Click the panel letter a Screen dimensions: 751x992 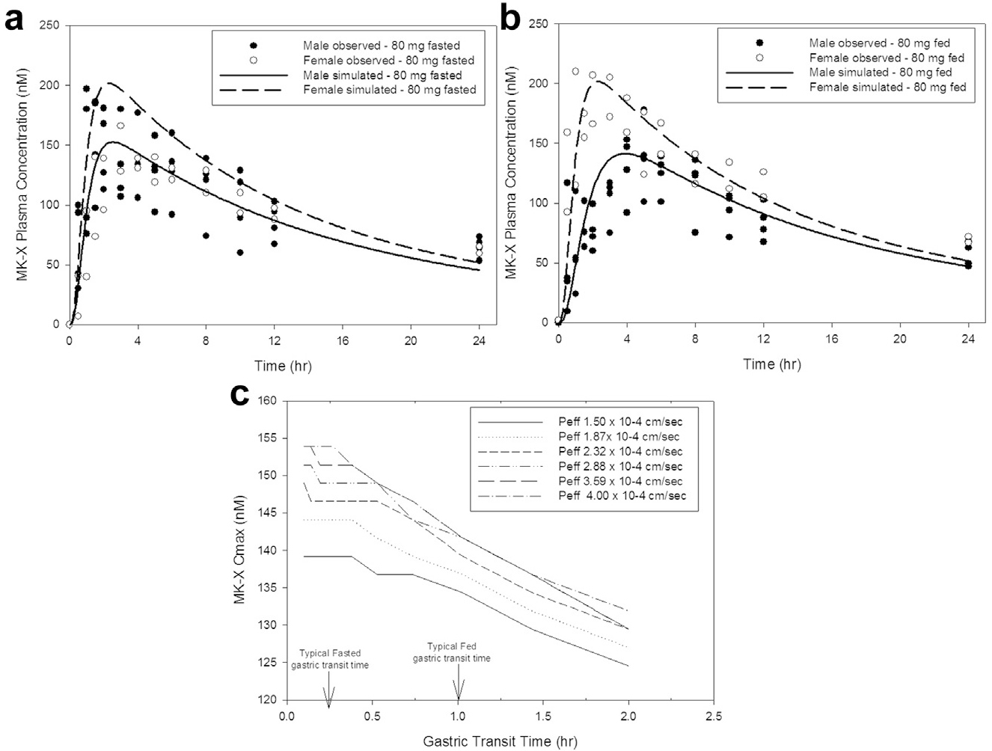tap(13, 18)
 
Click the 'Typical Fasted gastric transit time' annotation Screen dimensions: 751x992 tap(330, 659)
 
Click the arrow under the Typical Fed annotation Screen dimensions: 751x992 tap(459, 686)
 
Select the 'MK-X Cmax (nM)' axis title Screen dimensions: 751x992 tap(239, 550)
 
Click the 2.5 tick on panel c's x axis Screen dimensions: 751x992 tap(714, 716)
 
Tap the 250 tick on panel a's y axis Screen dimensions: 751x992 tap(51, 25)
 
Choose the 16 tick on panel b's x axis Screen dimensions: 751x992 tap(831, 338)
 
